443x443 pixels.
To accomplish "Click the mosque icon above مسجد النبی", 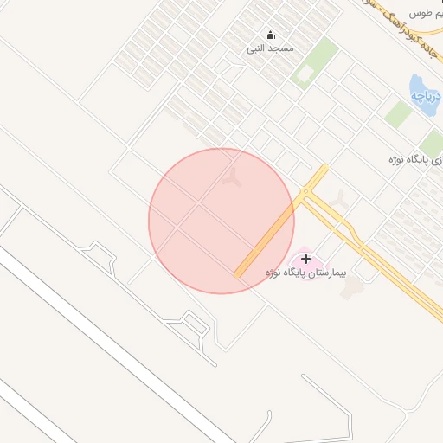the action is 270,35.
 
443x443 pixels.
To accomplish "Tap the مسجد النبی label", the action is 270,48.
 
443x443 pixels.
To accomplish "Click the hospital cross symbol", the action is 305,259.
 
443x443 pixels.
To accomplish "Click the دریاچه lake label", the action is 426,94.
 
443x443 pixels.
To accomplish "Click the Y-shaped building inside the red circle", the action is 231,178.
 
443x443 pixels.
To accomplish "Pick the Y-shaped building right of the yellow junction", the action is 341,199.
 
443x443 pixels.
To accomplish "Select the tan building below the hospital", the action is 350,289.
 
